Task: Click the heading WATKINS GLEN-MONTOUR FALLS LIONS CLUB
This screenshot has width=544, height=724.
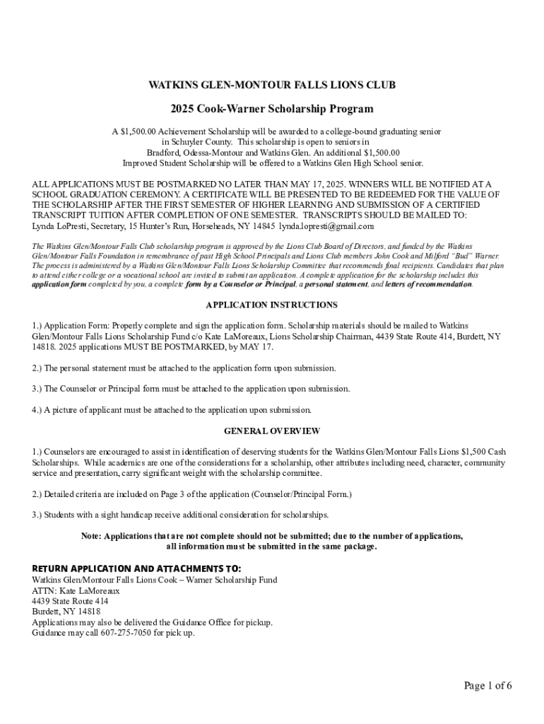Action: tap(272, 86)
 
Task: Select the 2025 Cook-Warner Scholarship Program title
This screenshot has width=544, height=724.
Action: tap(272, 110)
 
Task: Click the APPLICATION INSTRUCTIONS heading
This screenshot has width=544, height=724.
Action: tap(272, 305)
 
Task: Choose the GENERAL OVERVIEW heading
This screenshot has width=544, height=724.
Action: tap(272, 431)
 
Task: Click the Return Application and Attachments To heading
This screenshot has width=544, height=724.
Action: tap(136, 568)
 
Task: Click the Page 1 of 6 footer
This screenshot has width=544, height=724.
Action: tap(487, 686)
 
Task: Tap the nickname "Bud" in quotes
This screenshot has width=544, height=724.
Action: tap(451, 255)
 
